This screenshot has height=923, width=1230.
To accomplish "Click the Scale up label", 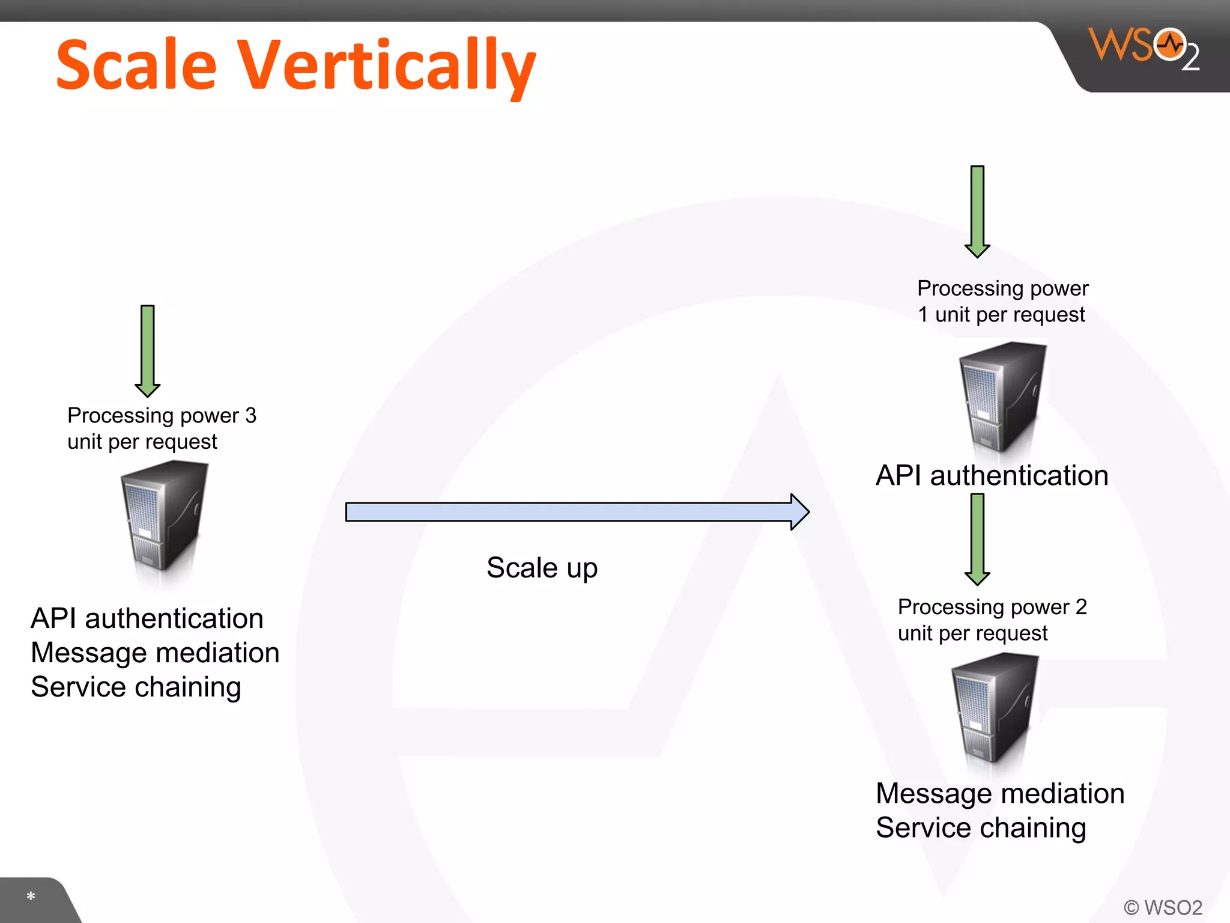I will pos(542,568).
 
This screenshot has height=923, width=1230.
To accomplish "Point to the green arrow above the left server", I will pos(148,350).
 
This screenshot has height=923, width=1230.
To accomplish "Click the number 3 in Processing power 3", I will pos(250,415).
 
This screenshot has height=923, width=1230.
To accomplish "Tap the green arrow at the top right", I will pos(977,211).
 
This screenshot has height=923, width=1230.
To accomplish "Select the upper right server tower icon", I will pos(1002,397).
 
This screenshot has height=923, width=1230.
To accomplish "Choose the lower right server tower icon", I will pos(995,708).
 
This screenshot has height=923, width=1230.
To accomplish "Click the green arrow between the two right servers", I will pos(977,538).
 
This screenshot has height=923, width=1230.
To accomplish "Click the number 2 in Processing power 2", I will pos(1081,607).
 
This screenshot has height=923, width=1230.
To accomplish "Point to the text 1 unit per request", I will pos(1001,314).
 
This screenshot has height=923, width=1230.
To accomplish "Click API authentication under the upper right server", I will pos(992,475).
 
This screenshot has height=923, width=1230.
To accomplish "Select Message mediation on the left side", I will pos(155,653).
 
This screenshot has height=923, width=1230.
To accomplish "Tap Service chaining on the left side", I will pos(136,687).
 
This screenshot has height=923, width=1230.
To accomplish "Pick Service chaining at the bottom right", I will pos(981,827).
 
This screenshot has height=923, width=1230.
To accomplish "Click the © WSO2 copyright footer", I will pos(1163,907).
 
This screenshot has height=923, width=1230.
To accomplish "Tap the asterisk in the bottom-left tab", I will pos(31,897).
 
